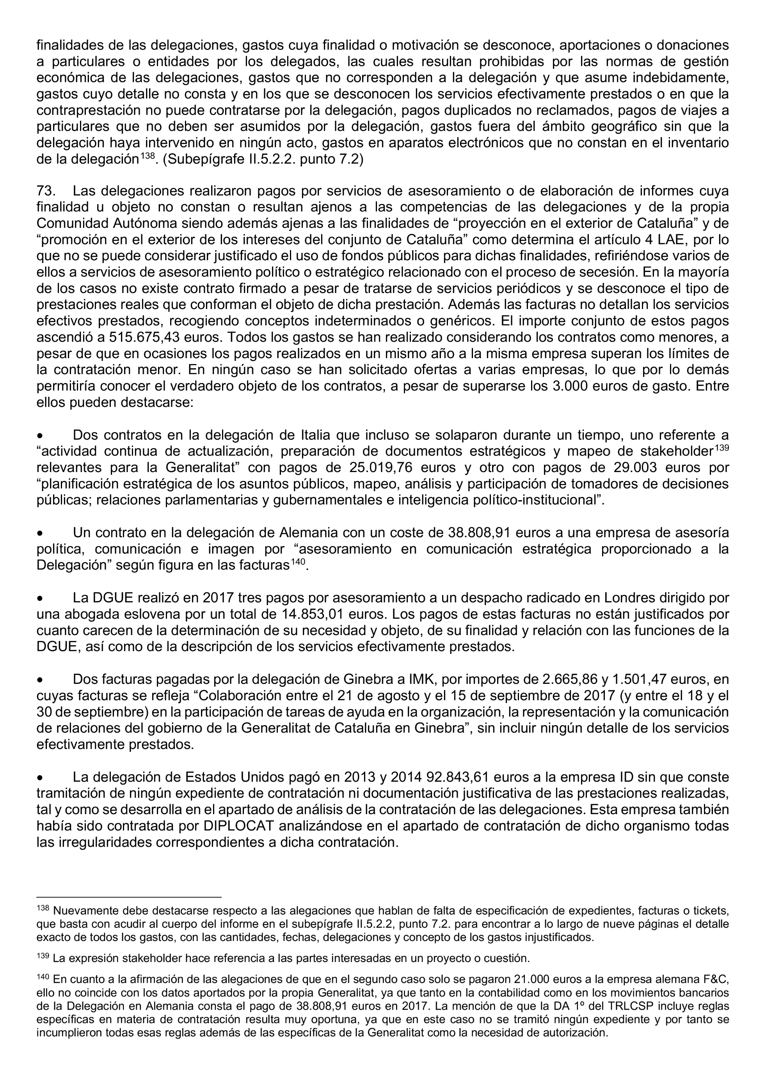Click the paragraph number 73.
click(46, 191)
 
